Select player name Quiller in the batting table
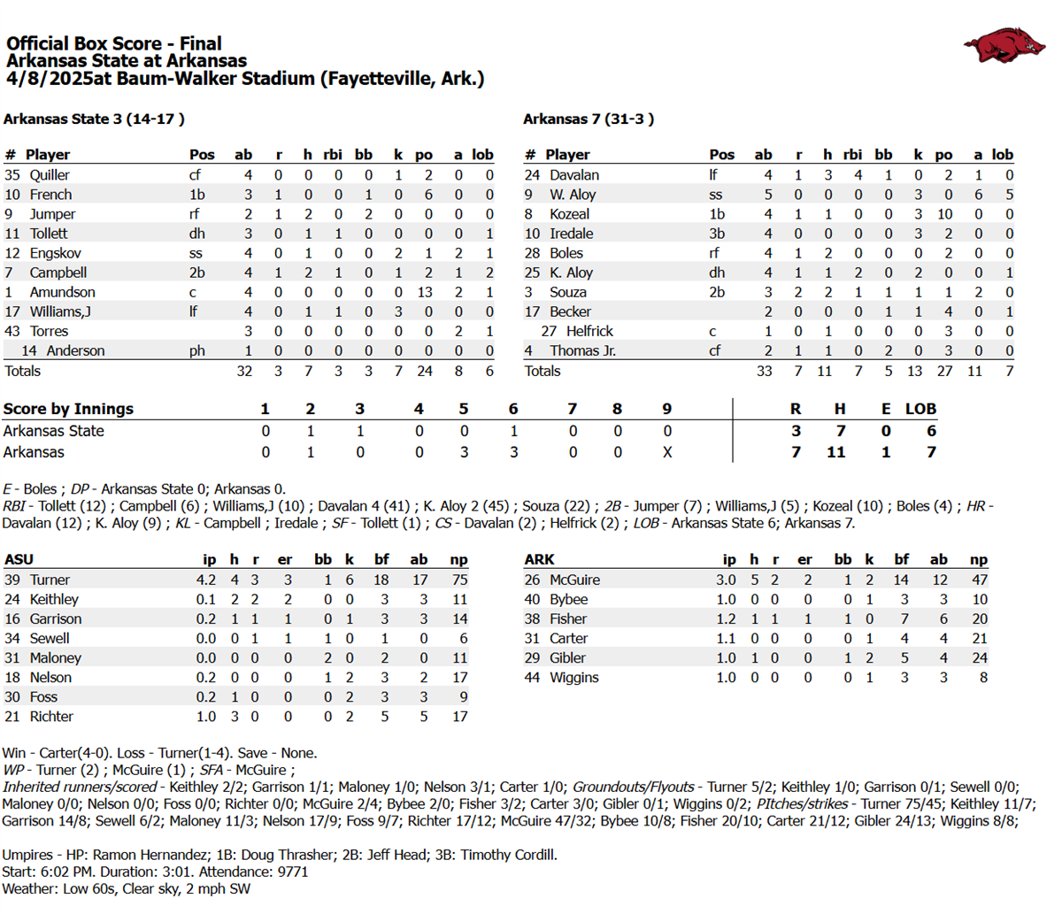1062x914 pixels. coord(50,175)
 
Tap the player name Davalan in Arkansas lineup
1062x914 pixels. coord(573,175)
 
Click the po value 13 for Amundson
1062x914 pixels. coord(424,292)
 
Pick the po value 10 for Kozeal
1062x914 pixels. coord(943,214)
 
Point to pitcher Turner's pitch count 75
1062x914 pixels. coord(458,580)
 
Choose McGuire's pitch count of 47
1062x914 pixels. coord(978,580)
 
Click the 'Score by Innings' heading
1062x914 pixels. coord(68,409)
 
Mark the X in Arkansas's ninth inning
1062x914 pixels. coord(666,452)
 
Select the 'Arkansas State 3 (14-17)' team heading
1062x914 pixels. coord(94,119)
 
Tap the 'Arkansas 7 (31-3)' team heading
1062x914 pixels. coord(589,119)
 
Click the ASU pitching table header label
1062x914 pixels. coord(19,559)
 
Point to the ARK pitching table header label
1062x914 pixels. coord(539,559)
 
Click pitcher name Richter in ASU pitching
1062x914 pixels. coord(51,717)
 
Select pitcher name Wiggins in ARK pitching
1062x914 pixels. coord(573,678)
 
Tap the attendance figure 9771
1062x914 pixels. coord(292,872)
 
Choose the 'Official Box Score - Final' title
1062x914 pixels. coord(113,43)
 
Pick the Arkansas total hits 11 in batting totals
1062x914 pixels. coord(824,371)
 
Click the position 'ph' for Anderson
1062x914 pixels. coord(196,350)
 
